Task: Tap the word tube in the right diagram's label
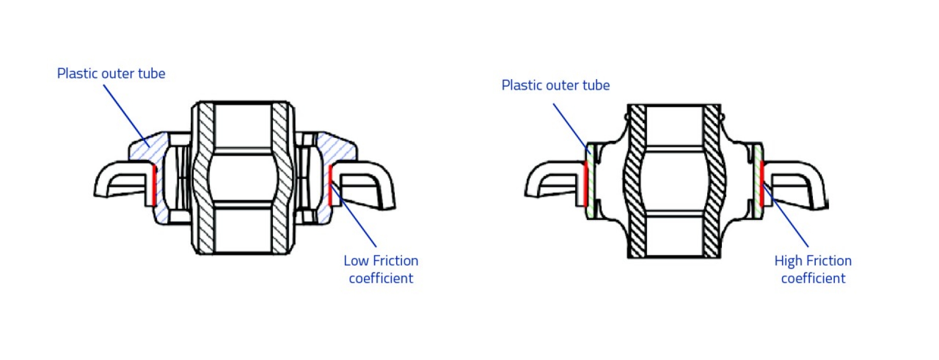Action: (x=596, y=85)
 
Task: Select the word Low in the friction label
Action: (x=355, y=261)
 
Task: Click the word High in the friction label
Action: (x=787, y=261)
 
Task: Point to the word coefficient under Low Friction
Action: (x=381, y=278)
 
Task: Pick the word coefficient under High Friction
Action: (x=813, y=278)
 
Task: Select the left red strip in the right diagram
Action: (x=586, y=184)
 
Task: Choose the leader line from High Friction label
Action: (x=787, y=218)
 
